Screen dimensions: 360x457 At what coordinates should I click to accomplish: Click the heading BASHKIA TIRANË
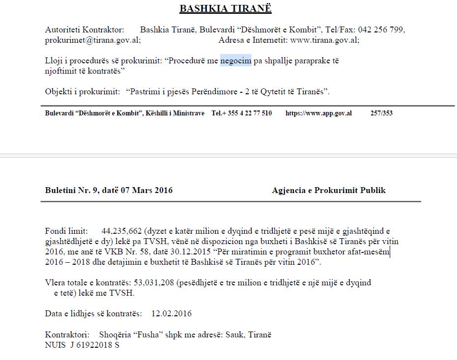226,9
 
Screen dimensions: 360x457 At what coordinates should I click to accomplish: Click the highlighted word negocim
236,61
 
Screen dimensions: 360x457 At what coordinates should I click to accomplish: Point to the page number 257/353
381,113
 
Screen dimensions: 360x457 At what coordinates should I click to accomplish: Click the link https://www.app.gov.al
318,113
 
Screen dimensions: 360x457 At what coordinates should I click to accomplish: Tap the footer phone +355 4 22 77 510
242,113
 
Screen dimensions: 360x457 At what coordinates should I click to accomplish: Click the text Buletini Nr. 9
69,190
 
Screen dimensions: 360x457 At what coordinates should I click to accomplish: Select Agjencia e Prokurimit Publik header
329,190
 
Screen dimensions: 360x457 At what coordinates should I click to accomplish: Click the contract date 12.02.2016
171,313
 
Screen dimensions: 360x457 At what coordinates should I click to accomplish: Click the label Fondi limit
66,230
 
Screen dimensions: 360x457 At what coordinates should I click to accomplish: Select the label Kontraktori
67,335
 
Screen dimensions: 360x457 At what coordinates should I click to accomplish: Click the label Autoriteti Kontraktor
85,30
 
